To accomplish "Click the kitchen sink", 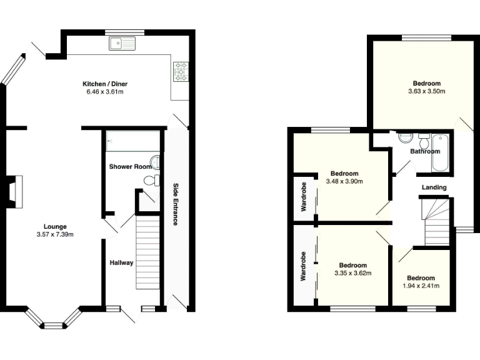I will (x=122, y=43).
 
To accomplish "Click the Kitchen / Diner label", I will (x=105, y=84).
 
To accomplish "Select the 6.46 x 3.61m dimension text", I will (x=105, y=92).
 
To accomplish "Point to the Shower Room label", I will (x=131, y=167).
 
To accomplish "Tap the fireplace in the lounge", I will (x=14, y=191).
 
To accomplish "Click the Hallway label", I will (x=121, y=262).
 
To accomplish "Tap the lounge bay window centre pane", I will (x=54, y=325).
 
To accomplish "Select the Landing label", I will (x=434, y=187).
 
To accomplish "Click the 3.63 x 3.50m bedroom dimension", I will (x=427, y=92).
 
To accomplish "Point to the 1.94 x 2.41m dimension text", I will (x=420, y=286).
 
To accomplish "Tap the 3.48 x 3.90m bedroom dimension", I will (x=344, y=182).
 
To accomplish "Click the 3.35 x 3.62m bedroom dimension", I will (x=353, y=273).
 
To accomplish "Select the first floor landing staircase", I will (x=436, y=222).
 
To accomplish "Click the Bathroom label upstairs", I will (x=425, y=151).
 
